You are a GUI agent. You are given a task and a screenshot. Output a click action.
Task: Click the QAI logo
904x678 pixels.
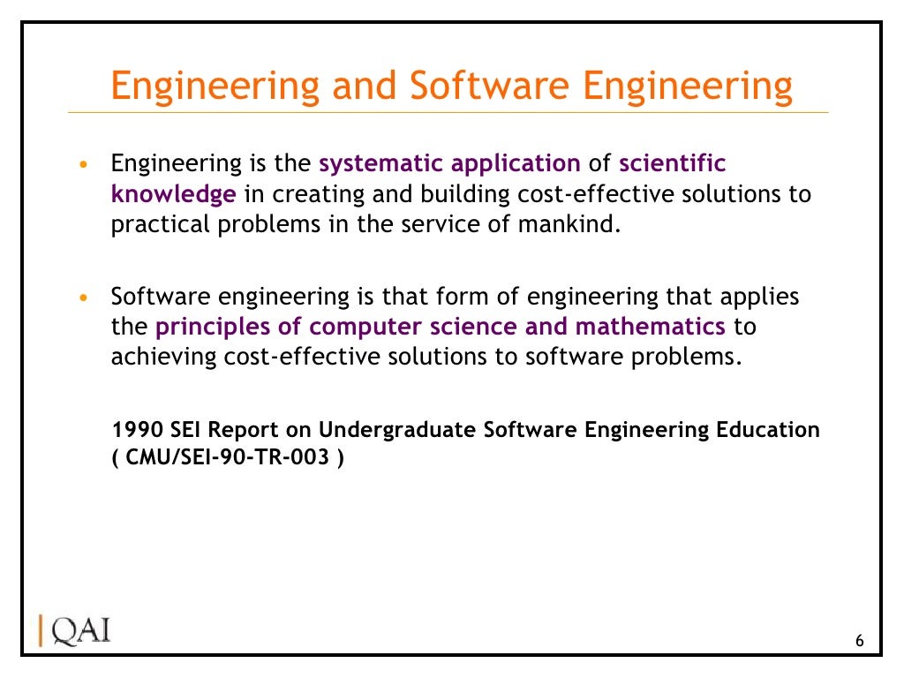coord(75,631)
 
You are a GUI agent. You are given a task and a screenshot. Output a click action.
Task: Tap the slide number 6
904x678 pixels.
coord(860,641)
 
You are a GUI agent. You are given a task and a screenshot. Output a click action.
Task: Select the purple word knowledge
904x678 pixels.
coord(174,194)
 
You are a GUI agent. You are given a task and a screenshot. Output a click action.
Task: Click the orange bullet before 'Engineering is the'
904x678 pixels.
coord(83,165)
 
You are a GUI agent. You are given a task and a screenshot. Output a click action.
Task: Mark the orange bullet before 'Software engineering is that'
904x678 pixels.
coord(83,298)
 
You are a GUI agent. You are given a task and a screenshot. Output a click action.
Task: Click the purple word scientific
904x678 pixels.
coord(673,164)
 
